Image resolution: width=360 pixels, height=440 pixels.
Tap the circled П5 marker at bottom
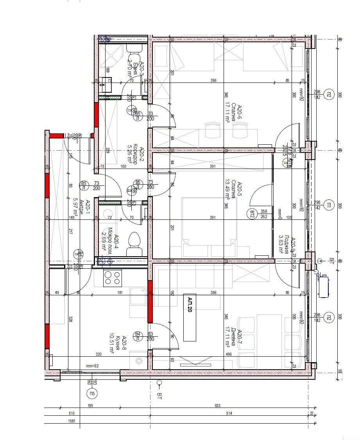pyautogui.click(x=93, y=393)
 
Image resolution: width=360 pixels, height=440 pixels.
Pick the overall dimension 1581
pyautogui.click(x=72, y=421)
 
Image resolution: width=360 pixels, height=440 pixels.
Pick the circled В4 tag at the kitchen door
pyautogui.click(x=137, y=334)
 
